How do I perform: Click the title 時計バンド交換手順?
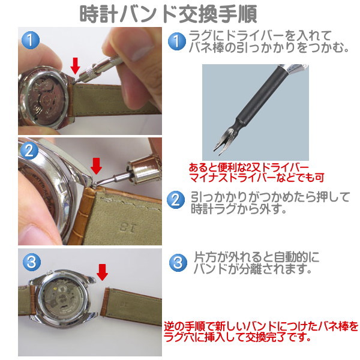point(170,13)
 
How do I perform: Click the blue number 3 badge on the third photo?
point(31,262)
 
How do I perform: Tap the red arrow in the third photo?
point(102,272)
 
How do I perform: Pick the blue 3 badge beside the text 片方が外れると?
point(179,262)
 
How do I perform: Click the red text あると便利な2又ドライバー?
point(248,166)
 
